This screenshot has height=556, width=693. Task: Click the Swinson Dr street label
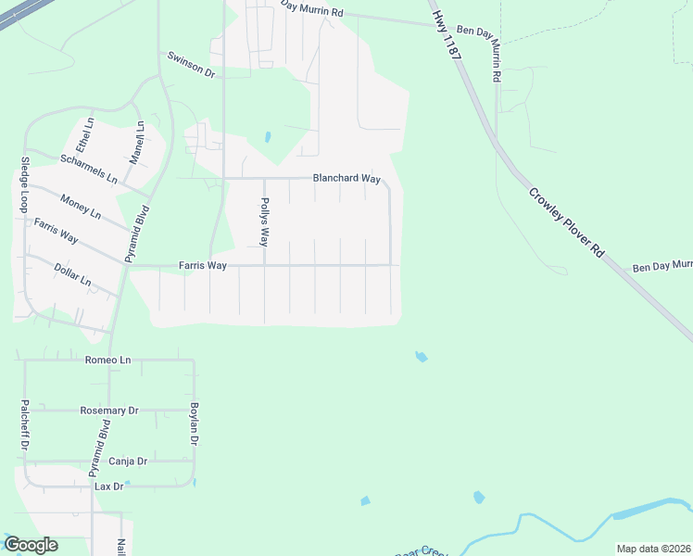191,64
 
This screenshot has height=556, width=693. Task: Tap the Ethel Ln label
86,135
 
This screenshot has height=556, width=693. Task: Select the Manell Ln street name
138,143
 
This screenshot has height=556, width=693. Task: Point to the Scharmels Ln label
89,168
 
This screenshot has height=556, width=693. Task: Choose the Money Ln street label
81,206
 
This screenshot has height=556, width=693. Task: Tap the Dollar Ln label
73,274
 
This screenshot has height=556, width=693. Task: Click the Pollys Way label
264,222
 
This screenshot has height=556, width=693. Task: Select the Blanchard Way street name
346,178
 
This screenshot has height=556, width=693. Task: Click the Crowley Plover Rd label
566,223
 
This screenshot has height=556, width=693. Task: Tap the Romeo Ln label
108,360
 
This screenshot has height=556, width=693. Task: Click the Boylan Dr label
195,424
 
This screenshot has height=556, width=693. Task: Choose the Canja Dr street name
128,461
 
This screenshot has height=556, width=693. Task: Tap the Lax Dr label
106,486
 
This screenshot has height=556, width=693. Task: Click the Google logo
31,545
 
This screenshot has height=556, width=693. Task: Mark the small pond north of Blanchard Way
267,137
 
